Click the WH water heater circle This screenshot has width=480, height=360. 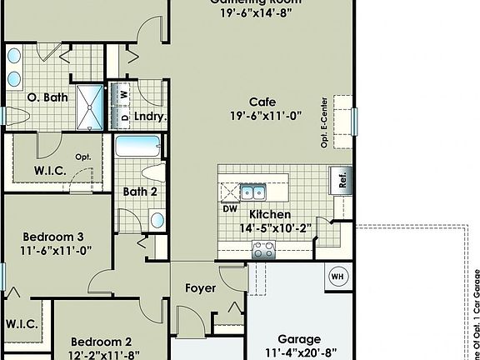[x=337, y=275]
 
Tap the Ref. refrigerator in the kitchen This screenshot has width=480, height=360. [x=340, y=181]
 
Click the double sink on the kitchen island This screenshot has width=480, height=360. [x=253, y=192]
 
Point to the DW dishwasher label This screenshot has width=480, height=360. [x=231, y=209]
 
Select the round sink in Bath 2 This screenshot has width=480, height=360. [x=157, y=220]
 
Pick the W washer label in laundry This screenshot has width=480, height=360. [x=125, y=94]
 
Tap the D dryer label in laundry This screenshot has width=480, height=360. [x=125, y=117]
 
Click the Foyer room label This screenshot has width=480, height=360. [x=201, y=288]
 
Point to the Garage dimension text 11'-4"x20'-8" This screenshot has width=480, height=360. [x=299, y=352]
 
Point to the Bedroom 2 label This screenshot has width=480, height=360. [x=101, y=341]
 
